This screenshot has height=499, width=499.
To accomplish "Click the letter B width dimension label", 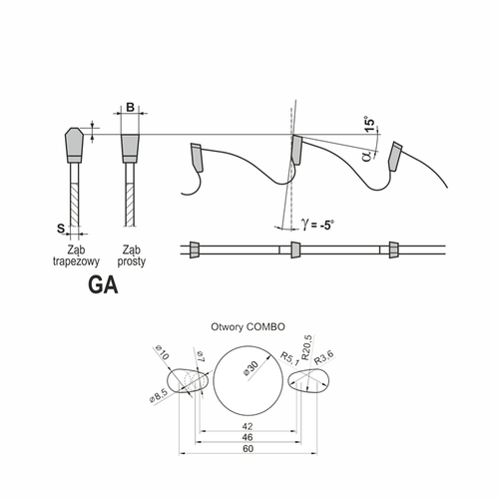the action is click(131, 108).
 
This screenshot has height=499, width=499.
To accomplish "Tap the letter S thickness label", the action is click(61, 229).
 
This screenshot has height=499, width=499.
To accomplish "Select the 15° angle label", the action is click(369, 124).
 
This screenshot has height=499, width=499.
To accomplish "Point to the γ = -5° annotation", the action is click(317, 225).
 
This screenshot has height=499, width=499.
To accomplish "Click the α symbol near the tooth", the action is click(367, 155).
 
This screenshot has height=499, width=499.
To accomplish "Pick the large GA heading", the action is click(103, 284).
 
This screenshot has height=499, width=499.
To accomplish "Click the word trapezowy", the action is click(76, 261).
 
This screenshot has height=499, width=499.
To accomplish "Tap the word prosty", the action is click(132, 261).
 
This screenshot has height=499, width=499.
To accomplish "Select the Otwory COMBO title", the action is click(248, 327).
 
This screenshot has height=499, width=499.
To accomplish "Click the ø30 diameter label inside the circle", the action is click(250, 368).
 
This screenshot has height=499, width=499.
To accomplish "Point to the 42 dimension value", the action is click(248, 426).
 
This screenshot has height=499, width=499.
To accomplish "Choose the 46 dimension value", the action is click(248, 437).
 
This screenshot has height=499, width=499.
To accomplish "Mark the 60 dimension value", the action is click(248, 449).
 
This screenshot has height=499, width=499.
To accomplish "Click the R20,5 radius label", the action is click(306, 347).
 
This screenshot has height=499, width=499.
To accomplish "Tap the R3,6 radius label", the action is click(324, 357).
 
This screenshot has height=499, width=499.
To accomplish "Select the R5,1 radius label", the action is click(289, 358).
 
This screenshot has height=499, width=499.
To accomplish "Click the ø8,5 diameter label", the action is click(159, 396).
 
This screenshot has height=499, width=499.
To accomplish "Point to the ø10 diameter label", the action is click(163, 353).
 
